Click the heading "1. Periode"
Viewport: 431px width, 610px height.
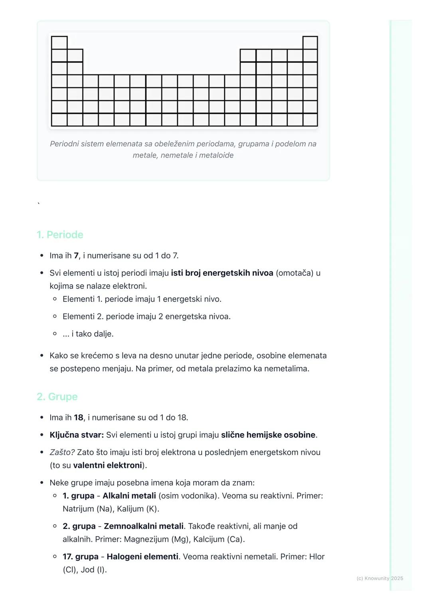coord(60,235)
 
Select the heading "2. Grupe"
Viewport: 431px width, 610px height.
coord(57,397)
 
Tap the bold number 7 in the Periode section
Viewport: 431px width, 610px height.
coord(76,255)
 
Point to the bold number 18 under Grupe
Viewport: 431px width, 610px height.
coord(78,418)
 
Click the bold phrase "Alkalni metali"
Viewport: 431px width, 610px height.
coord(129,496)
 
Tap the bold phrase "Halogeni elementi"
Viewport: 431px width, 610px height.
coord(142,557)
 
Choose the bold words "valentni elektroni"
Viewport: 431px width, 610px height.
coord(107,465)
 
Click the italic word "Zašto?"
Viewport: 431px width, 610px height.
coord(62,452)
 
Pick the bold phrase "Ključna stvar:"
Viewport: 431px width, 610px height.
coord(77,435)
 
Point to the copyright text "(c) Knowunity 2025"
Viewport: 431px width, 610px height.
coord(380,578)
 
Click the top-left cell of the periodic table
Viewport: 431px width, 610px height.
coord(59,42)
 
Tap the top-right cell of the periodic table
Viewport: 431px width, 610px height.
coord(310,42)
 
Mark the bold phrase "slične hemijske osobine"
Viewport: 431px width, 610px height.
coord(268,435)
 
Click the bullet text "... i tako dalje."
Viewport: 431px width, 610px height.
coord(88,334)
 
